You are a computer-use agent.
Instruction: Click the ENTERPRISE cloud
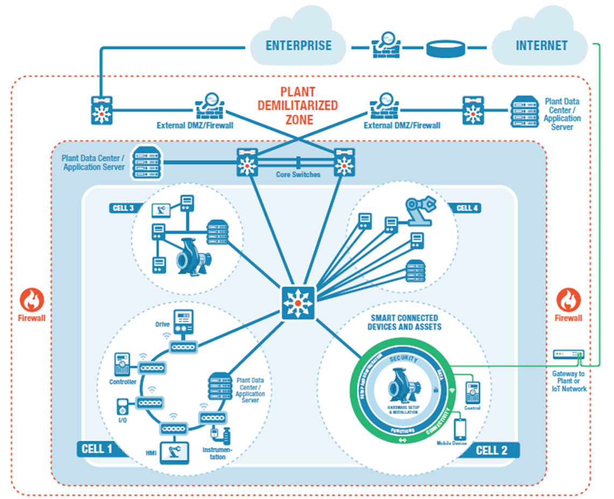tap(298, 45)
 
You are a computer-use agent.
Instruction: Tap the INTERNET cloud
tap(541, 45)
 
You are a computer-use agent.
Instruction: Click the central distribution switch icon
tap(298, 303)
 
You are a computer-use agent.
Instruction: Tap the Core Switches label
tap(298, 175)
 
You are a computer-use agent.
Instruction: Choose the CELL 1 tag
tap(97, 449)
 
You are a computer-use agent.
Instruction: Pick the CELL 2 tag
tap(491, 450)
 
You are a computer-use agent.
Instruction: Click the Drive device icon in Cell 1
tap(183, 323)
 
